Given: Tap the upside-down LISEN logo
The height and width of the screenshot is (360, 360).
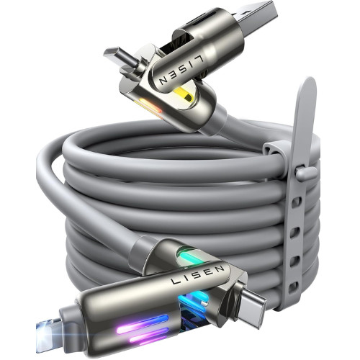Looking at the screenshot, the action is coord(181,70).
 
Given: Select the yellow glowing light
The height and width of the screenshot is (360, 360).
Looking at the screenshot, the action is coord(184,94).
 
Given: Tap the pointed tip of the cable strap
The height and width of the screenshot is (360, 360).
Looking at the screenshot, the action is coord(310,78).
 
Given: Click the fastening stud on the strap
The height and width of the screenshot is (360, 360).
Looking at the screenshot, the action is coord(307,172).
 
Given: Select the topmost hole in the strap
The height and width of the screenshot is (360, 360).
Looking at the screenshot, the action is coord(297,202).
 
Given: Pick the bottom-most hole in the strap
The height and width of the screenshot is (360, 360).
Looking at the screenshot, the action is coord(294,287).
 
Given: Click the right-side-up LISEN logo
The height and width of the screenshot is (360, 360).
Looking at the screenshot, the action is coord(197,274).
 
